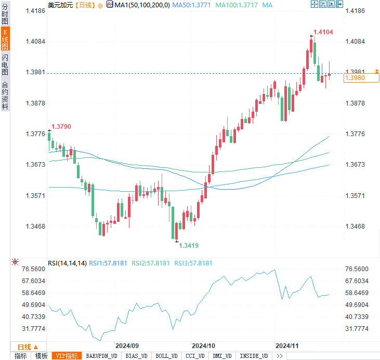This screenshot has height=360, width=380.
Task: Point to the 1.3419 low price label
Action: coord(189,245)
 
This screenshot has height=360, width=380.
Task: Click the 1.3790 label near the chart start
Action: coord(61,126)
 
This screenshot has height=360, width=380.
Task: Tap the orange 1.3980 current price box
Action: coord(361,78)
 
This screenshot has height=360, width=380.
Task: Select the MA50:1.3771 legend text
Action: coord(191,5)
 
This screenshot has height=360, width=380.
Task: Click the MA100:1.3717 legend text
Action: coord(235,5)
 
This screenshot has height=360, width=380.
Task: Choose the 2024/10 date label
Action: coord(204,345)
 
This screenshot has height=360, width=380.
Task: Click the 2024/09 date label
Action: coord(127,345)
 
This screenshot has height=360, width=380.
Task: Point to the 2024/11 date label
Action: coord(287,345)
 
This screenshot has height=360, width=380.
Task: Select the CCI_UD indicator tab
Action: coord(195,356)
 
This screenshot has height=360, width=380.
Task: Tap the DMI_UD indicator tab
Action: coord(223,356)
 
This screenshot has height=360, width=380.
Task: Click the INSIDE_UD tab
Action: coord(254,356)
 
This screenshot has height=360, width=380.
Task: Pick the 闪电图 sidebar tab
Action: coord(5,64)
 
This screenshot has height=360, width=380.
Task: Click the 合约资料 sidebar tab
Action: coord(5,96)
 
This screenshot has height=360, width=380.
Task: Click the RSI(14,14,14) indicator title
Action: coord(67,263)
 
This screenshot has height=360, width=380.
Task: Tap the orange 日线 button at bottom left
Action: coord(24,346)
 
